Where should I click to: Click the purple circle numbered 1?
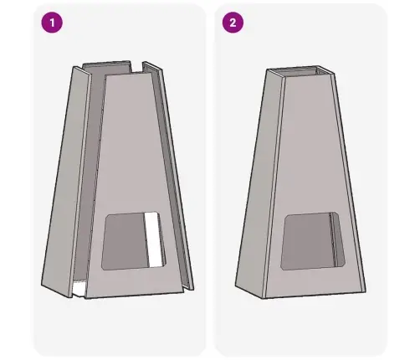[52, 23]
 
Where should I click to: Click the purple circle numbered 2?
[233, 23]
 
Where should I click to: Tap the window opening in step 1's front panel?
[133, 241]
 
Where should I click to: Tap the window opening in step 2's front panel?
[313, 241]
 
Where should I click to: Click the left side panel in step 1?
[66, 182]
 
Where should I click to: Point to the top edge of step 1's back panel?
[106, 63]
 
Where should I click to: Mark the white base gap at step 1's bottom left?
[79, 289]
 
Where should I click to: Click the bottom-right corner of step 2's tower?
[366, 292]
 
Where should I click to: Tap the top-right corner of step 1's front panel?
[151, 74]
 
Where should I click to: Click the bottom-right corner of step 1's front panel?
[184, 292]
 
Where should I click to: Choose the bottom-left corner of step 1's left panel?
[42, 286]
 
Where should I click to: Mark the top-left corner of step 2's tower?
[266, 69]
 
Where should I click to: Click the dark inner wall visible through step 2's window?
[337, 240]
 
